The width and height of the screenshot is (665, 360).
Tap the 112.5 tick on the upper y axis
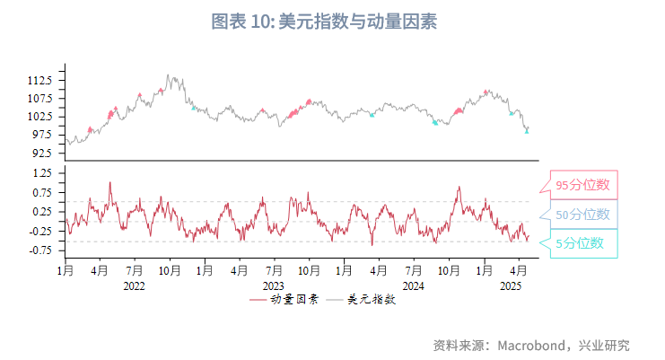click(x=40, y=80)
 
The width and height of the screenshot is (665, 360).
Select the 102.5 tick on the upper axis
click(x=40, y=117)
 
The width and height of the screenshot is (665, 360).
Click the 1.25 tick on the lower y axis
click(x=43, y=172)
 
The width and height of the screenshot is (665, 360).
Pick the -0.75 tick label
click(x=41, y=250)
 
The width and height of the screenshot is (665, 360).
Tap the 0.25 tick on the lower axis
click(x=43, y=211)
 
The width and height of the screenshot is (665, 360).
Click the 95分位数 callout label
click(x=582, y=185)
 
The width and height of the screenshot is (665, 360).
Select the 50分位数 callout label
click(x=582, y=214)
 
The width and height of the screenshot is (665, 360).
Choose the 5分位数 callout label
click(x=579, y=242)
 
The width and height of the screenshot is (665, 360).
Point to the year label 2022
click(x=134, y=285)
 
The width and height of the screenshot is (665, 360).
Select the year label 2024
click(x=413, y=285)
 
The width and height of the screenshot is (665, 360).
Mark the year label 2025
click(x=511, y=285)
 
